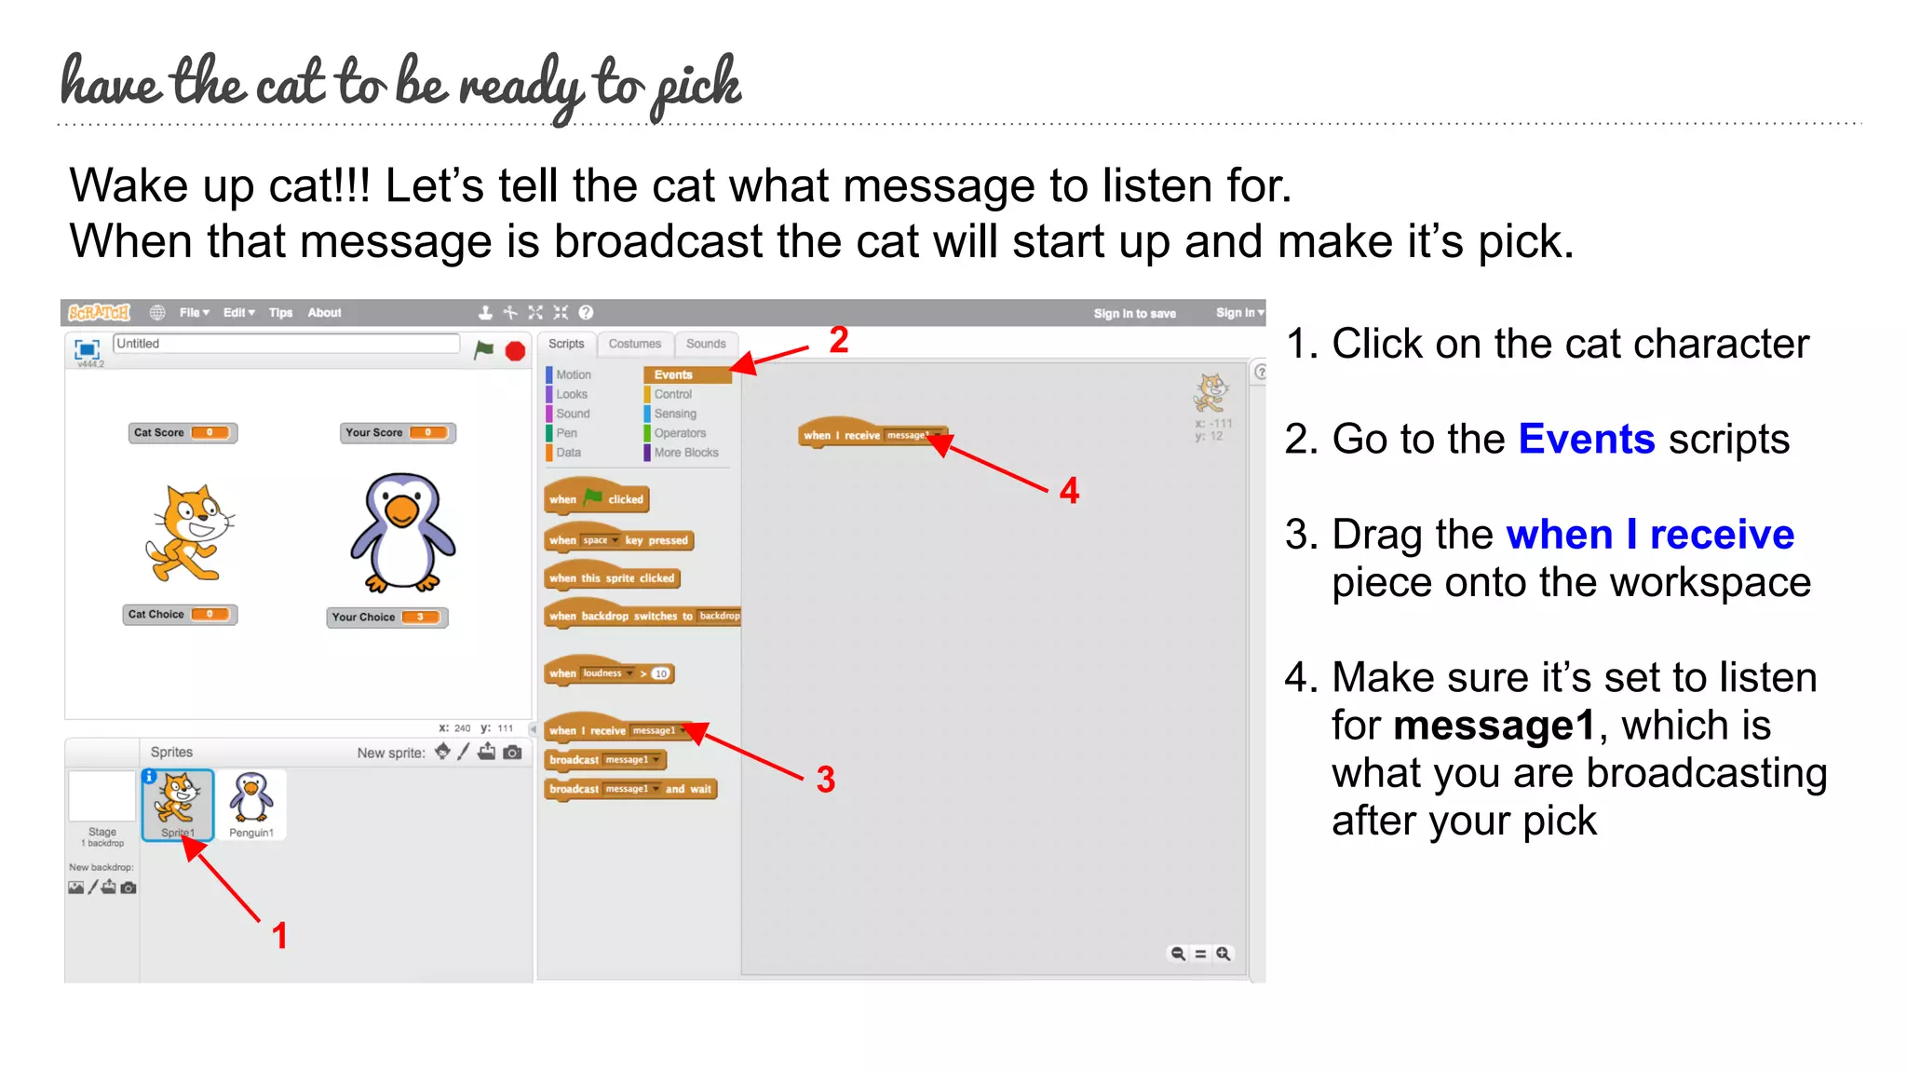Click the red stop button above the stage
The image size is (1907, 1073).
[x=515, y=351]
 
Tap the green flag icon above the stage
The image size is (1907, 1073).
[x=483, y=350]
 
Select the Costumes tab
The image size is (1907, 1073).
[x=634, y=344]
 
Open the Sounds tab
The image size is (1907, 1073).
[x=706, y=344]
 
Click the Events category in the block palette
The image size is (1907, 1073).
[x=673, y=374]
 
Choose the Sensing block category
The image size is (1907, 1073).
[x=674, y=414]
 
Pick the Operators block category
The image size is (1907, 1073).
[x=679, y=433]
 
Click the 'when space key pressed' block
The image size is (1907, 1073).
[x=618, y=540]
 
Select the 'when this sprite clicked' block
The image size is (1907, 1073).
[x=612, y=578]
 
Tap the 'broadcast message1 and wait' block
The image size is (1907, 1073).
[x=629, y=789]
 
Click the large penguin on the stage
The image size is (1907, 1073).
[x=402, y=532]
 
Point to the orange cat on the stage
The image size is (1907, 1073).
[x=189, y=534]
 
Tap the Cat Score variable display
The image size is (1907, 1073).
[x=183, y=433]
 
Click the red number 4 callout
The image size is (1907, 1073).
[x=1069, y=491]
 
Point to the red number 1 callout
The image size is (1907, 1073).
[x=279, y=935]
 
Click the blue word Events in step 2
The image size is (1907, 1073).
[x=1586, y=439]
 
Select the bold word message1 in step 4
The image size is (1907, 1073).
[x=1494, y=726]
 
